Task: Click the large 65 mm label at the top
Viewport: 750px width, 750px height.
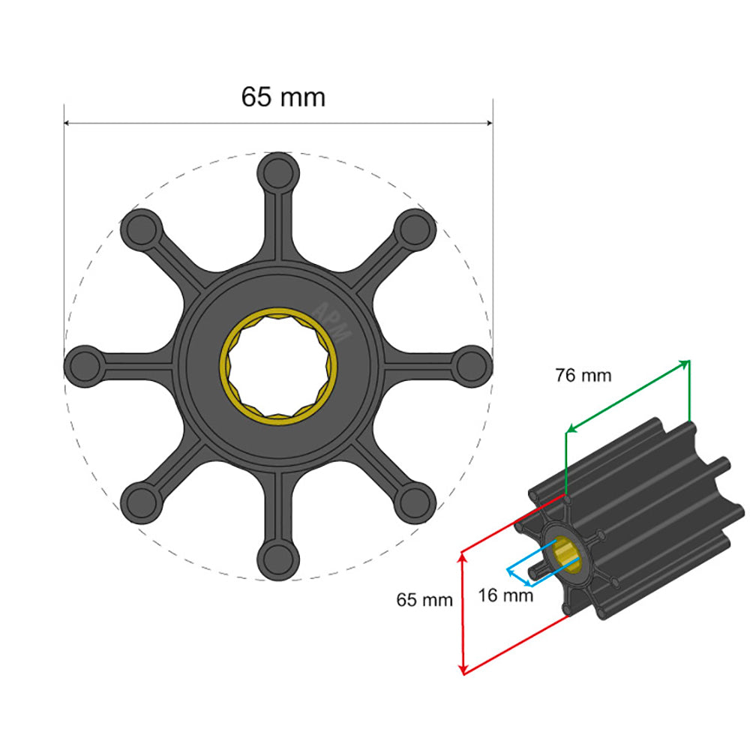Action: [283, 97]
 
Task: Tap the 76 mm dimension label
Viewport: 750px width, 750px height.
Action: [583, 375]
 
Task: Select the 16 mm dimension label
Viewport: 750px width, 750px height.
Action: [506, 595]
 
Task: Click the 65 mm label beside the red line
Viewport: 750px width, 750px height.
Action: [424, 599]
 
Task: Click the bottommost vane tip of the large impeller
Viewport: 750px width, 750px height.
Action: [278, 559]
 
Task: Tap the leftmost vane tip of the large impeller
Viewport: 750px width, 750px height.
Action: [85, 364]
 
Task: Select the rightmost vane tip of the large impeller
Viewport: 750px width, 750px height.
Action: [473, 364]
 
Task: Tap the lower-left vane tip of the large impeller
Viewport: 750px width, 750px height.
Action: [141, 501]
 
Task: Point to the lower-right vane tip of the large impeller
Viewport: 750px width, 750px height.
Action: [415, 501]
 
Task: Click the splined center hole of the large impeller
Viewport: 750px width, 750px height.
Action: [278, 364]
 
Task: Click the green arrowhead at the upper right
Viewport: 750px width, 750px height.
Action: [685, 364]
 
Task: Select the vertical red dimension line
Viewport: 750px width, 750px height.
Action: [463, 611]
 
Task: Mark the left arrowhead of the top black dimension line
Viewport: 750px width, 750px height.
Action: [68, 123]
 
